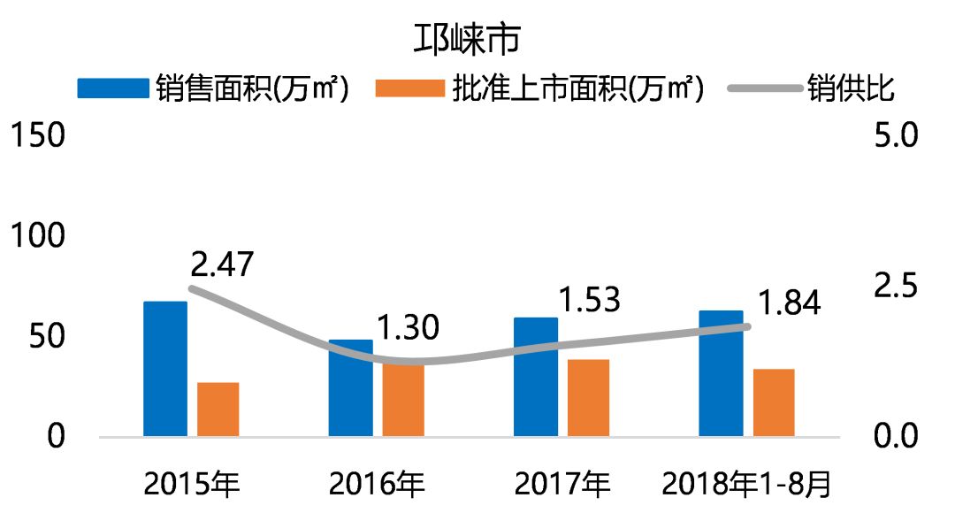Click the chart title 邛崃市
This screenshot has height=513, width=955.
click(x=468, y=40)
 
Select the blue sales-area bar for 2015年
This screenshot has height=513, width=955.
click(x=165, y=369)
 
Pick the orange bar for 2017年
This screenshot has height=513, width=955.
click(x=588, y=397)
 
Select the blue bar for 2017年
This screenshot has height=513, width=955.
click(x=536, y=377)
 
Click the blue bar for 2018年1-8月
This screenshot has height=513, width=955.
click(x=721, y=373)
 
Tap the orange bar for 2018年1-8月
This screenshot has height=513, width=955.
click(x=774, y=402)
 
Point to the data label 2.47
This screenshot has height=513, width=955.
click(x=221, y=264)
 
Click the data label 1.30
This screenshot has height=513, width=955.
click(x=408, y=328)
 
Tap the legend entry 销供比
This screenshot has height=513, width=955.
click(x=850, y=88)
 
